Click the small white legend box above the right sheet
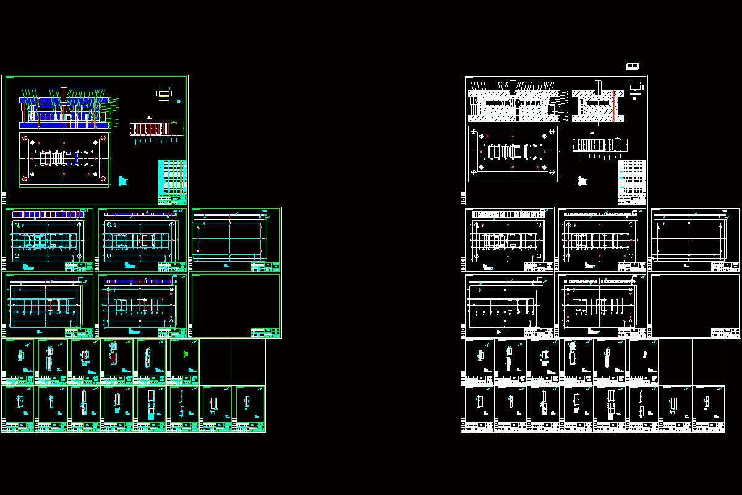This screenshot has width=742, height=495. coord(633,66)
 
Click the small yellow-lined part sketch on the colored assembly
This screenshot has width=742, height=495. coord(164,93)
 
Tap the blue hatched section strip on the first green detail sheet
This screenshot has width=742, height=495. coord(48,214)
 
